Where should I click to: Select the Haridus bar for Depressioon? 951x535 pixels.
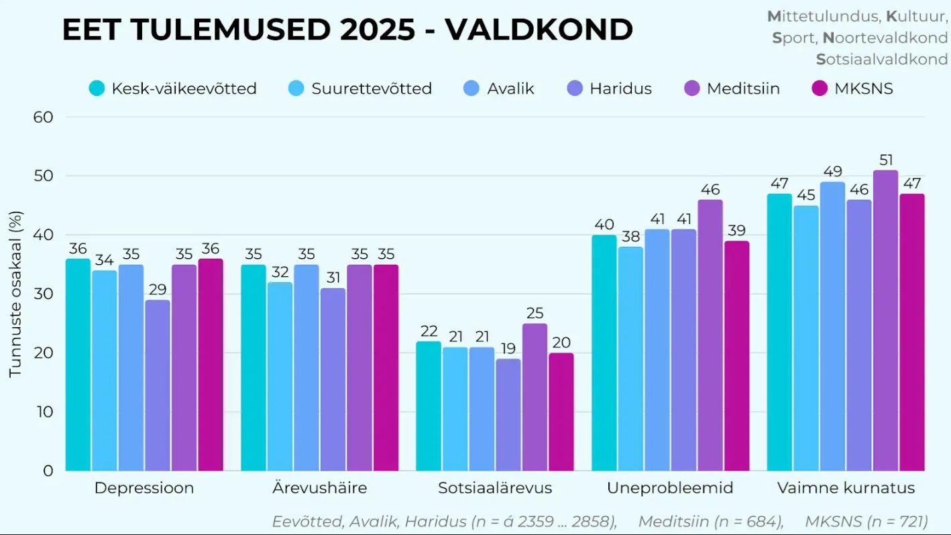[158, 385]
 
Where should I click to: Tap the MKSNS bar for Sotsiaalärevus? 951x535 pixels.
[561, 412]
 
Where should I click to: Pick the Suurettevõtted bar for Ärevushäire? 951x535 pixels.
[280, 376]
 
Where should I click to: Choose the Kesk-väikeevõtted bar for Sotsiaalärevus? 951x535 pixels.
[429, 406]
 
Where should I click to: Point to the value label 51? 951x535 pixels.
[885, 160]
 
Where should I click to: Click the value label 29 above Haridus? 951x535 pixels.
[158, 290]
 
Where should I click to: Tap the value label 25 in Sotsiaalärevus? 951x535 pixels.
[535, 313]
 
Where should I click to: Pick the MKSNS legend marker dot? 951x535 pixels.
[820, 88]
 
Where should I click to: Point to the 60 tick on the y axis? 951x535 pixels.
[43, 117]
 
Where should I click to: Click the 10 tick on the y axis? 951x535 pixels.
[44, 412]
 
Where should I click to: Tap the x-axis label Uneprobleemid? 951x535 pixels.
[670, 488]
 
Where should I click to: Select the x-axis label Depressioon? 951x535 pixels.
[144, 488]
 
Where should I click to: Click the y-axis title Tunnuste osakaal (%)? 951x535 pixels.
[15, 294]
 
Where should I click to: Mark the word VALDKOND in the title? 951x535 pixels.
[539, 30]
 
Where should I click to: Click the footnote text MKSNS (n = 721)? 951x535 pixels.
[866, 522]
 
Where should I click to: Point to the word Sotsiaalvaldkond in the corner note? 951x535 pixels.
[882, 59]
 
